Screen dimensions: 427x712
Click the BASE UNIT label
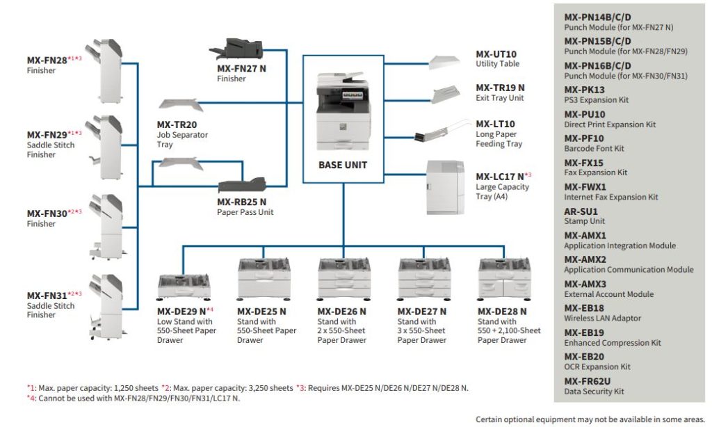point(343,165)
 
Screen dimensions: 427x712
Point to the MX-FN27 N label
point(241,69)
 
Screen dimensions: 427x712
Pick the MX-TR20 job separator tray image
point(179,106)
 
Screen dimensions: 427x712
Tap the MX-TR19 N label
point(500,88)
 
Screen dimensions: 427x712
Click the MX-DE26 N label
point(341,312)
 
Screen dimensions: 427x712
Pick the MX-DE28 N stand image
point(503,278)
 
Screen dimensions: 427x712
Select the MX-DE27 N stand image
point(423,278)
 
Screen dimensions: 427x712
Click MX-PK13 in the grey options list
point(584,90)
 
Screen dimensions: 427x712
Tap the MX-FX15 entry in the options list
point(584,162)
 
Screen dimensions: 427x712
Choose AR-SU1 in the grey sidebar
point(581,211)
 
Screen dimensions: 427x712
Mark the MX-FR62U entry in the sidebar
point(588,381)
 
